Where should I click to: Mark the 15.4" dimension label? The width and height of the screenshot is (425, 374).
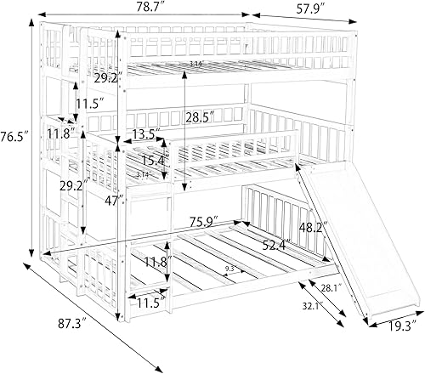pyautogui.click(x=154, y=160)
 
